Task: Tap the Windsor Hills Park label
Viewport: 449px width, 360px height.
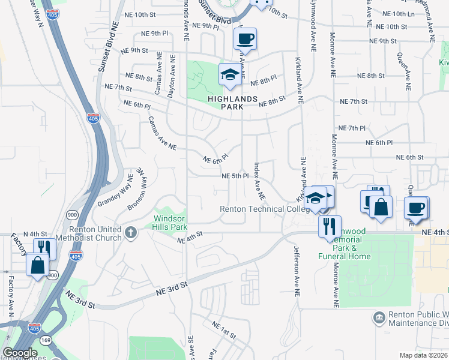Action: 170,223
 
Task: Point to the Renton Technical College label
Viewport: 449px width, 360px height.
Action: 261,209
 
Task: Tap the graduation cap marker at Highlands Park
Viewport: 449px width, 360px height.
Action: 229,74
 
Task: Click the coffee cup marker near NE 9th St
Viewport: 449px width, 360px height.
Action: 245,39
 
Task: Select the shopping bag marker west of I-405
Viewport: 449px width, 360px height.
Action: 37,265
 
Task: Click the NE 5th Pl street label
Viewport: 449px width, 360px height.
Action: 235,176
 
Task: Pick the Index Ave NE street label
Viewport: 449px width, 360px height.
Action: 260,181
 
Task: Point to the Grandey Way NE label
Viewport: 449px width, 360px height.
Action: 116,190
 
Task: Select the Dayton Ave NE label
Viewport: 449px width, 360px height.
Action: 172,74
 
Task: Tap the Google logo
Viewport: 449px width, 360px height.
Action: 20,353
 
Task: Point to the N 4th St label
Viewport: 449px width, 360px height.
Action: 34,233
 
